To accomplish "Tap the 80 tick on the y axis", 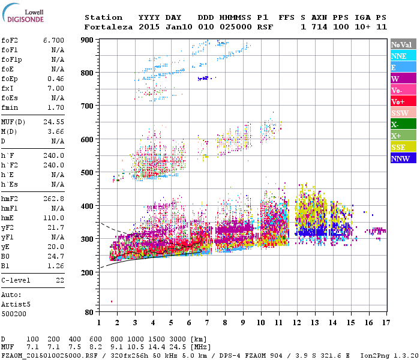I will click(89, 312).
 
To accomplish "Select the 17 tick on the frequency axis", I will click(385, 322).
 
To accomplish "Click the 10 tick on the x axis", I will click(260, 322).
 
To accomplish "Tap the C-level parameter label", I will click(14, 281).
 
